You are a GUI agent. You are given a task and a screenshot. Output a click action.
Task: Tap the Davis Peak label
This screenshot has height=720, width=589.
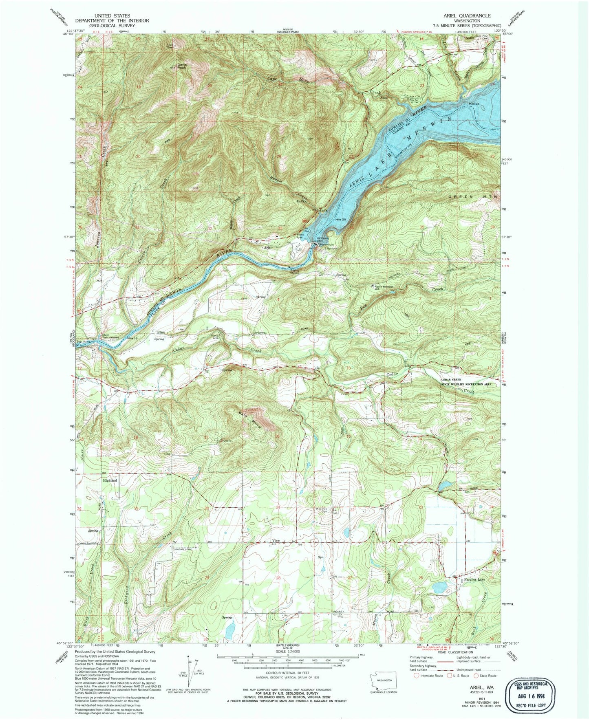[x=181, y=66]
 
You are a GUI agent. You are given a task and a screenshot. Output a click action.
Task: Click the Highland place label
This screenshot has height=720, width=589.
[x=110, y=480]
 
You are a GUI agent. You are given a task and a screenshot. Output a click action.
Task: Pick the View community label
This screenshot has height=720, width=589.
[x=276, y=541]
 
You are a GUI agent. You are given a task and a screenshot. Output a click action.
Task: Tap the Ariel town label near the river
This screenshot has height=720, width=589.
[x=267, y=248]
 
